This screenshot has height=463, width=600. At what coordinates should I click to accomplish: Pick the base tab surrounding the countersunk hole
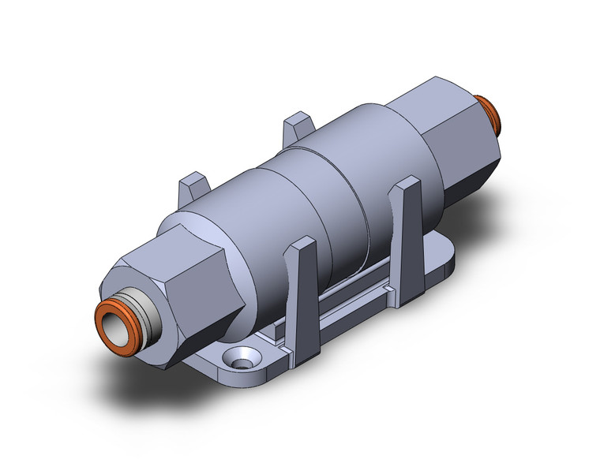tap(221, 363)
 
